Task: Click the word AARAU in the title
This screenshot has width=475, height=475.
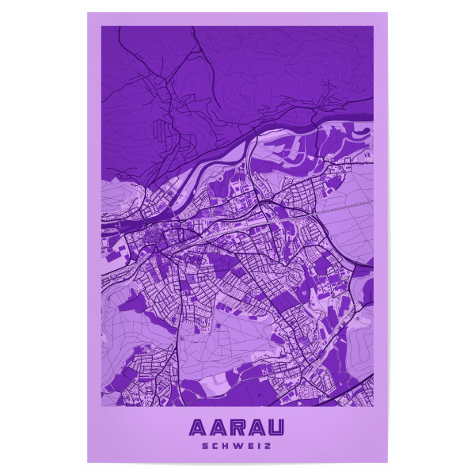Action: pyautogui.click(x=237, y=428)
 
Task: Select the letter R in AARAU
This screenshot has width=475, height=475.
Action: pyautogui.click(x=237, y=428)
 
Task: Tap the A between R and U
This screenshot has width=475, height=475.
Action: pyautogui.click(x=256, y=428)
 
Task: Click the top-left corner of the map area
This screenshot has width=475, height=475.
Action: pyautogui.click(x=101, y=27)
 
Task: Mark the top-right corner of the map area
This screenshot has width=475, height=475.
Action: pyautogui.click(x=373, y=27)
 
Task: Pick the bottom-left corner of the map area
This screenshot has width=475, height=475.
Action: pyautogui.click(x=101, y=406)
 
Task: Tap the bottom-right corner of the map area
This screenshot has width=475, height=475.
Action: pyautogui.click(x=373, y=406)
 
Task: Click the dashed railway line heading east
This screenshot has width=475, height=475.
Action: pyautogui.click(x=344, y=207)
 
